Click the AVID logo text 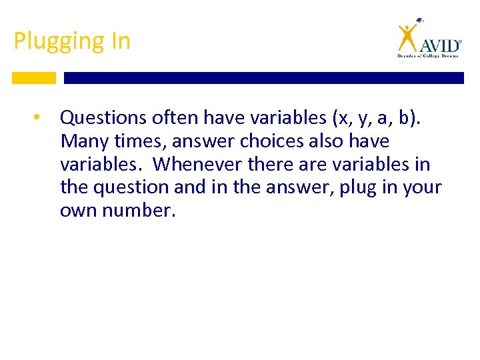(x=439, y=45)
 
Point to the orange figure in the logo (x=408, y=37)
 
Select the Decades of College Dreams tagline (x=429, y=57)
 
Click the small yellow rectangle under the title (x=33, y=78)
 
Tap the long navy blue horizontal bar (x=263, y=78)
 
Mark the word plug (x=357, y=188)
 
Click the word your (x=423, y=188)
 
